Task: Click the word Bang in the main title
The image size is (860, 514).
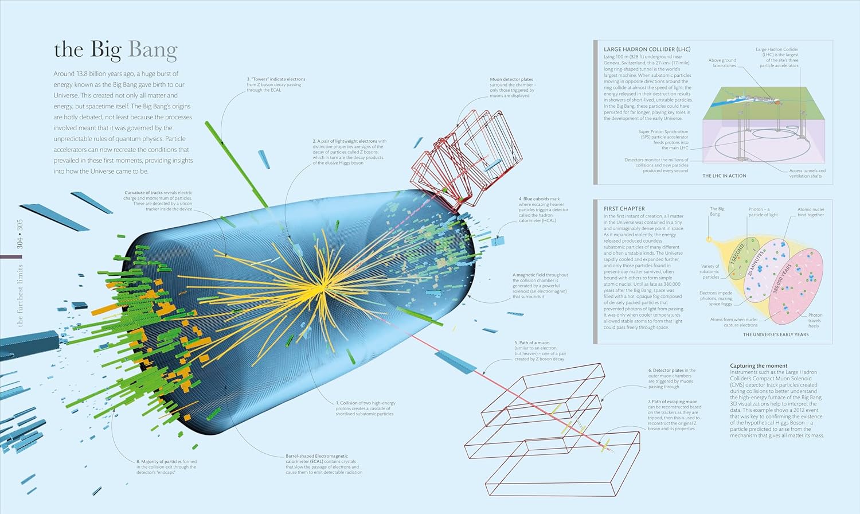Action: pos(153,50)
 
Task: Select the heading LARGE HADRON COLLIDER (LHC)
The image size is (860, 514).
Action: pos(647,49)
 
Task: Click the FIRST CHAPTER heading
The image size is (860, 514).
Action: pos(624,209)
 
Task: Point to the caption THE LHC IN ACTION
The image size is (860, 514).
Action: pos(724,176)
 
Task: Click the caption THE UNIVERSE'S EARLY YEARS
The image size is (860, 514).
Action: pos(776,334)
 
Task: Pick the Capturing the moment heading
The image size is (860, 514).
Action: pos(759,365)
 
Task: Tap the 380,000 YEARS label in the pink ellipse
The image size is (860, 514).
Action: pos(782,279)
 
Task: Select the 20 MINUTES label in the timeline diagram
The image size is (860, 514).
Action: pos(755,263)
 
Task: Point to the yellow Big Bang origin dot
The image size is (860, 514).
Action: pos(709,239)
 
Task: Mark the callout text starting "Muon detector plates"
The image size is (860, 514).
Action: pos(512,88)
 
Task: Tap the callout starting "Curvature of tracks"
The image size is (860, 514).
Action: pos(159,201)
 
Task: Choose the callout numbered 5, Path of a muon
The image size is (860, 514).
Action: pos(540,351)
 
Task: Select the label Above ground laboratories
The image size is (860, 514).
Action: pos(722,63)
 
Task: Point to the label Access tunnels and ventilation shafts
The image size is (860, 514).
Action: pos(807,173)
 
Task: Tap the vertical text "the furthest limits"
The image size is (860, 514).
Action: pos(21,295)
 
